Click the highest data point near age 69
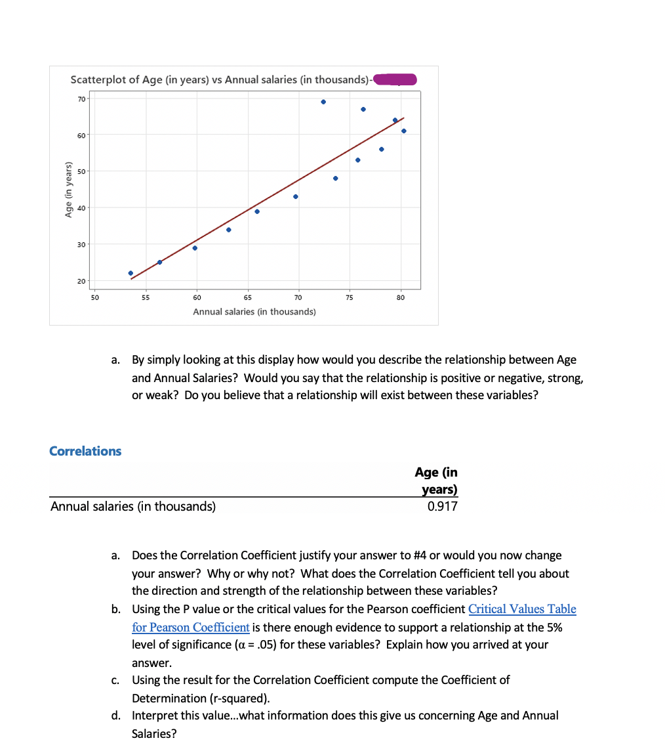pos(323,102)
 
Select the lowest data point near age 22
pos(131,273)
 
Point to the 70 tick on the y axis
pos(81,98)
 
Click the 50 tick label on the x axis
pos(94,297)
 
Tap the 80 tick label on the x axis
pos(401,297)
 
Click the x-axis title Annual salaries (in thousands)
pos(254,312)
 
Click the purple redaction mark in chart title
pos(395,79)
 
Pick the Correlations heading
pos(85,451)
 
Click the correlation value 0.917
pos(442,506)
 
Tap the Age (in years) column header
pos(436,481)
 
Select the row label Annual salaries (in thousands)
pos(133,506)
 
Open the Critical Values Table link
pos(522,609)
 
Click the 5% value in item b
pos(552,627)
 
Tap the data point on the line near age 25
pos(160,262)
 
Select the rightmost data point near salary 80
pos(403,131)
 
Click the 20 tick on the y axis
pos(81,281)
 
